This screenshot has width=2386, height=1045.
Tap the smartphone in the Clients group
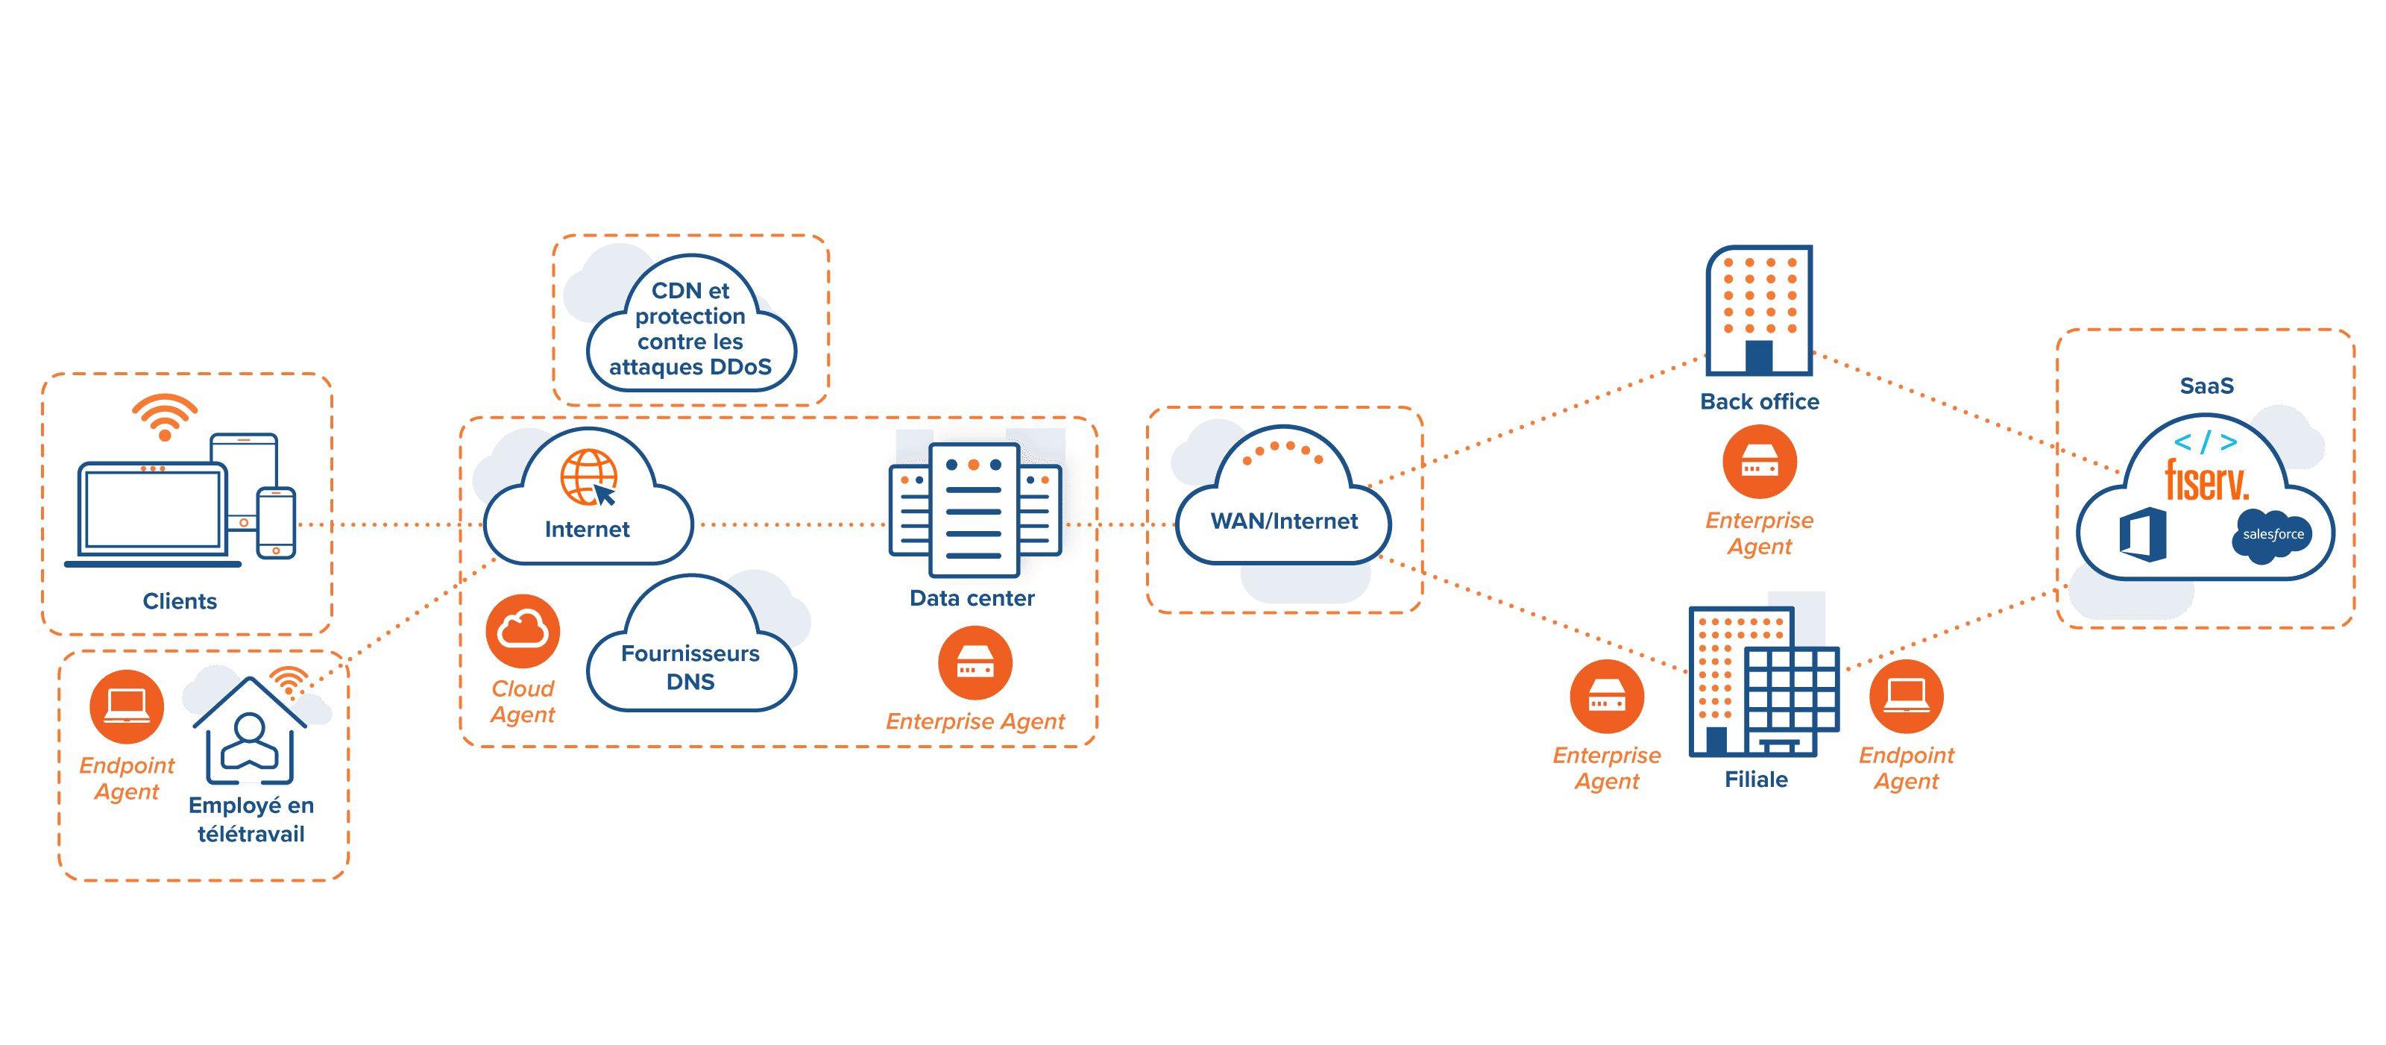click(276, 524)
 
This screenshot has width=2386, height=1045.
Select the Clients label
click(180, 601)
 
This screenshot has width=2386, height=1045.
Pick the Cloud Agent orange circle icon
click(523, 632)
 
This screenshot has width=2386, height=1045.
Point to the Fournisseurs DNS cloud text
click(690, 667)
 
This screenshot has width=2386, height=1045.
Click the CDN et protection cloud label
click(690, 329)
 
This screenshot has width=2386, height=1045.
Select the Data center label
click(972, 598)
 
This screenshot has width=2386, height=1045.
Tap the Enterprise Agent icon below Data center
click(975, 663)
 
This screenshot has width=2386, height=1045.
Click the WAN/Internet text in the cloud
click(1284, 521)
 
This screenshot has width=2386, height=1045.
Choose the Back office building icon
click(1759, 310)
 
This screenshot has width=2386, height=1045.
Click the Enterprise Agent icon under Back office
click(1759, 462)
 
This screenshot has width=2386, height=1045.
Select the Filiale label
click(1756, 780)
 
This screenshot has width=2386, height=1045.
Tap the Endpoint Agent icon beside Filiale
click(1907, 696)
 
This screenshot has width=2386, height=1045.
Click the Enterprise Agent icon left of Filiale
click(1607, 696)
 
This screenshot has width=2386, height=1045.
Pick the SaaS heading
click(2206, 386)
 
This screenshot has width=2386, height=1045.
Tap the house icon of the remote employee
click(249, 732)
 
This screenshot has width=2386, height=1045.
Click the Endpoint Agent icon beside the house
click(127, 707)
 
